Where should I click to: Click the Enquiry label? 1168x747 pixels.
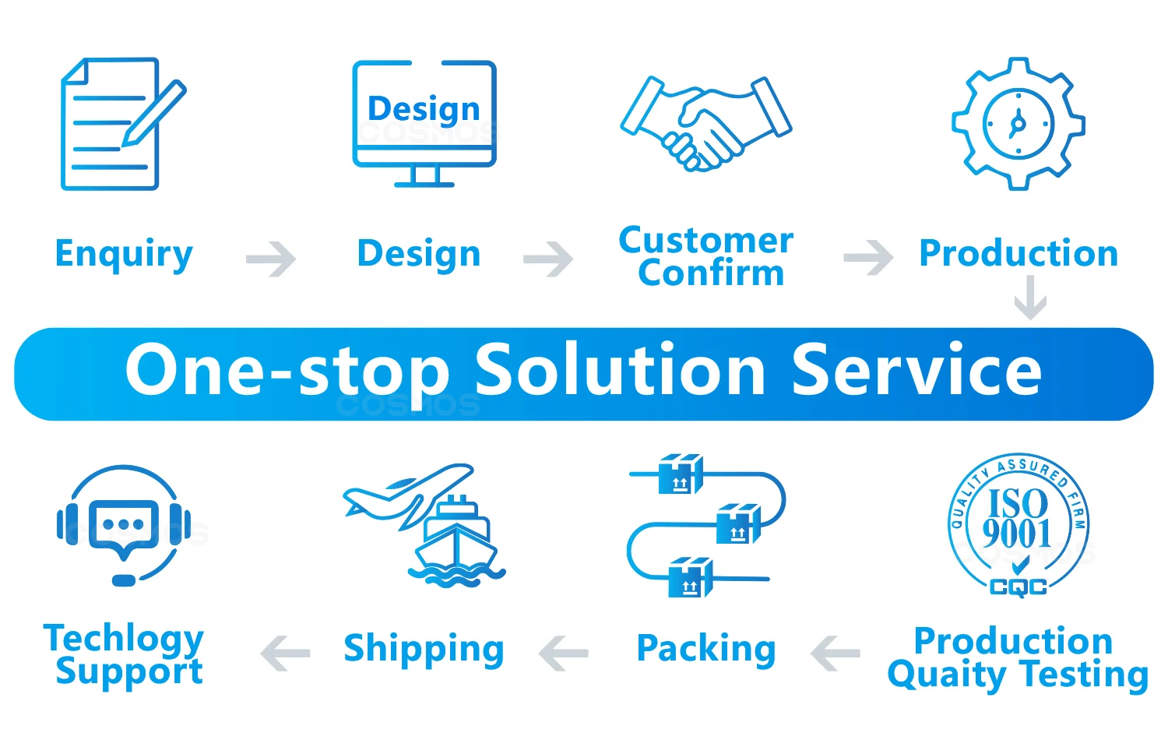tap(124, 255)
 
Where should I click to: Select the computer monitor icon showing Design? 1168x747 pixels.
tap(424, 123)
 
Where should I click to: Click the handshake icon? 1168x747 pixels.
tap(705, 122)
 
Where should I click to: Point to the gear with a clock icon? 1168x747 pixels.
tap(1018, 123)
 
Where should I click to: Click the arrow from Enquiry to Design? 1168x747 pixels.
tap(271, 259)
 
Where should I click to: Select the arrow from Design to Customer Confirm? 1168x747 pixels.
tap(548, 259)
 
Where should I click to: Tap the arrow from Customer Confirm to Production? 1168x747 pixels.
tap(868, 258)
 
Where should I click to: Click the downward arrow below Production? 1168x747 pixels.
tap(1030, 299)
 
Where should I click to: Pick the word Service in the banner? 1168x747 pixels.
tap(916, 370)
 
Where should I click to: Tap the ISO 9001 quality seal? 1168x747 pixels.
tap(1018, 522)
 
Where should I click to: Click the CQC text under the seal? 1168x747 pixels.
tap(1018, 587)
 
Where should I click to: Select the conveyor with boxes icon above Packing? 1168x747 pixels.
tap(705, 526)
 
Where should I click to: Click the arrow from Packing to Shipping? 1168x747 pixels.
tap(564, 653)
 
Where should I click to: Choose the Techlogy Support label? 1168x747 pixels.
tap(125, 654)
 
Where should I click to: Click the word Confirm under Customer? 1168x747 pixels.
tap(710, 273)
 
